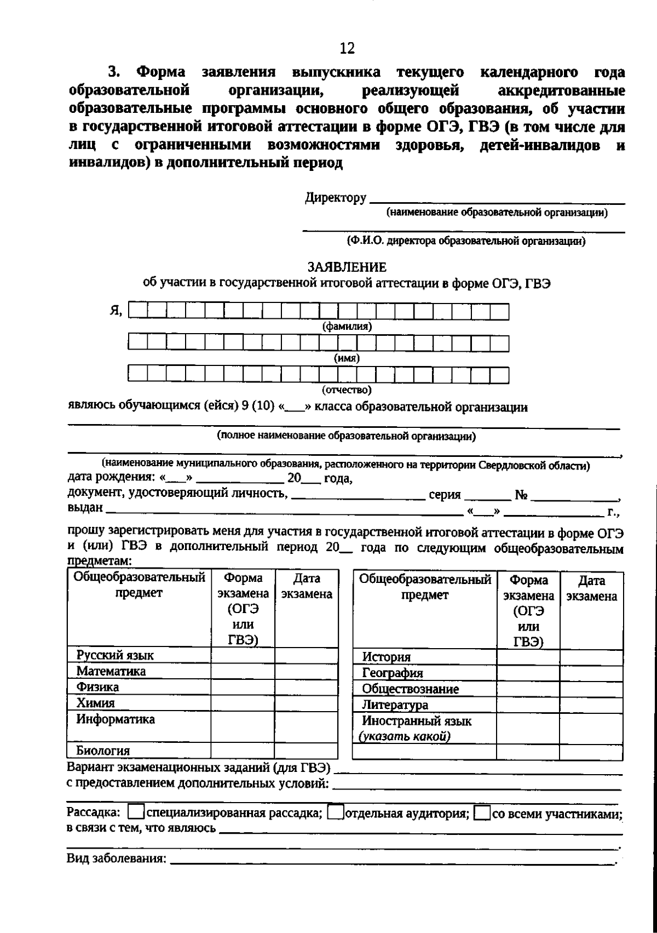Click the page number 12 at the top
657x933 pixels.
tap(347, 48)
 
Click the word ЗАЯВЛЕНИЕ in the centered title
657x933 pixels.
tap(347, 267)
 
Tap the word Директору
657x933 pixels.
tap(336, 198)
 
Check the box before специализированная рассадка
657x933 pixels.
tap(137, 812)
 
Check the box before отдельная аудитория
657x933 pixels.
tap(335, 812)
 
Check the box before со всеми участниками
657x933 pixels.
tap(482, 812)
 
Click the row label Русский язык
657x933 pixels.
tap(115, 656)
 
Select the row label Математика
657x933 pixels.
tap(111, 672)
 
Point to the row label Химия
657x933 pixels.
tap(96, 703)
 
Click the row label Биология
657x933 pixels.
tap(103, 751)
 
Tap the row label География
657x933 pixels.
tap(393, 673)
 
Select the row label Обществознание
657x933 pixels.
tap(411, 689)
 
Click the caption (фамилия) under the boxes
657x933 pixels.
tap(347, 327)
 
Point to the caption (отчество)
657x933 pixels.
tap(347, 390)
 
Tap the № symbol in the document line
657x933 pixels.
tap(521, 495)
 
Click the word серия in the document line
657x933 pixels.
tap(445, 495)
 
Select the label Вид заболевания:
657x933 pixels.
tap(116, 858)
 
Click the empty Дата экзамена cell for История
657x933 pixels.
tap(591, 657)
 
